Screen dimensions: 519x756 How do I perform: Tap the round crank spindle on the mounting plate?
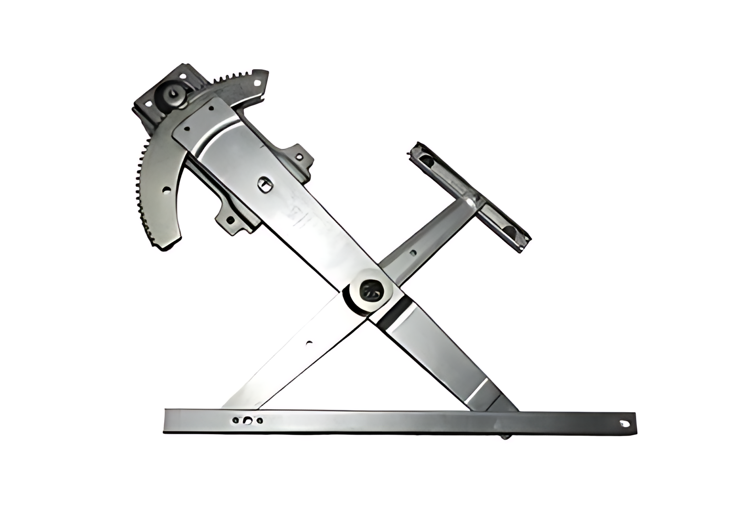(173, 94)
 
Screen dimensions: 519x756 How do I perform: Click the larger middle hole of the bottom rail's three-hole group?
(247, 421)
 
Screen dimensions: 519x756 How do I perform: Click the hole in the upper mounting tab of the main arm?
(299, 156)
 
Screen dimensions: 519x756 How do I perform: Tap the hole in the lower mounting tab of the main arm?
(231, 220)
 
